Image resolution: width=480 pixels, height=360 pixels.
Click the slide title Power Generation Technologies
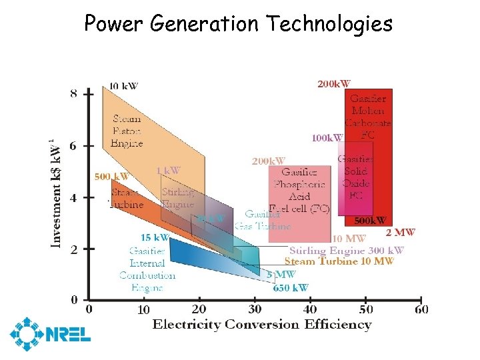point(238,24)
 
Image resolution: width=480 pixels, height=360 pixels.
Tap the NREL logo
point(49,333)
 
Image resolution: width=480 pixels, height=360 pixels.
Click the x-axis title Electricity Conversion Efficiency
point(262,325)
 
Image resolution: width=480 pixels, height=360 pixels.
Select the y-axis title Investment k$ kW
point(57,193)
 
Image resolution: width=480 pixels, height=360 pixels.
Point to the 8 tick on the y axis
point(73,93)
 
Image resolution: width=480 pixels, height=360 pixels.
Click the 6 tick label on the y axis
point(73,146)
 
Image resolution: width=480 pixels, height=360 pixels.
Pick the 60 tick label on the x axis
point(421,309)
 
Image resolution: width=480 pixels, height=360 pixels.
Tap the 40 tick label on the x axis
point(310,309)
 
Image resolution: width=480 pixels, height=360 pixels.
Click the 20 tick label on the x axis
point(199,309)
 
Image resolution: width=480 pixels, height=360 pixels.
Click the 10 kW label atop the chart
point(124,86)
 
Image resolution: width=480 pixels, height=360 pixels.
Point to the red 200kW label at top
point(334,84)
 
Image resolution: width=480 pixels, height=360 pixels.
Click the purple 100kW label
point(327,138)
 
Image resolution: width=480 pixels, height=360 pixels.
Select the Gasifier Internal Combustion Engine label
point(147,269)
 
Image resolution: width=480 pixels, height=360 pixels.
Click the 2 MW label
point(400,233)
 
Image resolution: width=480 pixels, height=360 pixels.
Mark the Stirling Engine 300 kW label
point(346,251)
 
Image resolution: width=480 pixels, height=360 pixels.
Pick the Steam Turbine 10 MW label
point(339,262)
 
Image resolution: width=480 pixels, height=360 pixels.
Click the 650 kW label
point(291,288)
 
